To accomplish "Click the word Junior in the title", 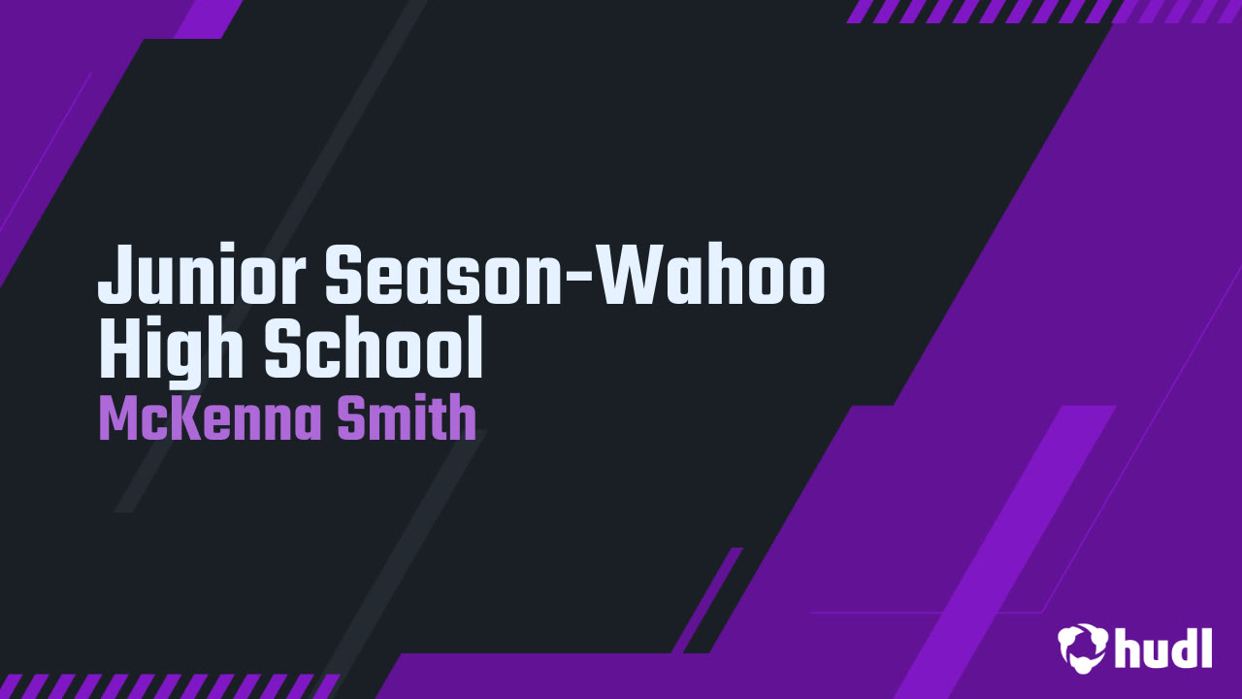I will (204, 276).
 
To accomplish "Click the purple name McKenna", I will (210, 420).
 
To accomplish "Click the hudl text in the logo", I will (1163, 648).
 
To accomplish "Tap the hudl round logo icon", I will (1082, 648).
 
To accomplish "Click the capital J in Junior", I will (115, 276).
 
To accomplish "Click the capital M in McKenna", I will (118, 420).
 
